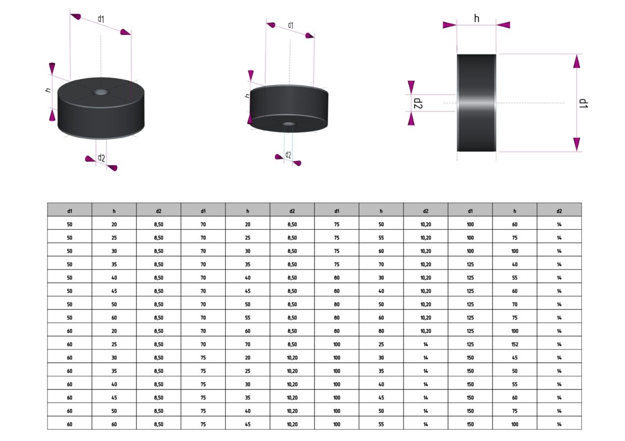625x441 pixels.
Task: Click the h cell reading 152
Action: coord(515,345)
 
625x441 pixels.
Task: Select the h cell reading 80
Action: coord(381,331)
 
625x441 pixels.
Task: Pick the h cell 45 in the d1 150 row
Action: coord(515,358)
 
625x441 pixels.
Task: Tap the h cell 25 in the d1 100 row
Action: coord(381,345)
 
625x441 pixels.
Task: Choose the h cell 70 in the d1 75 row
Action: coord(381,265)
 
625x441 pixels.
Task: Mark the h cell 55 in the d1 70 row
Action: coord(247,318)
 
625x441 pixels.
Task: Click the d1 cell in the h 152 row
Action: coord(470,345)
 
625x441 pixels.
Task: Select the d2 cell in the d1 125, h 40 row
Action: coord(559,265)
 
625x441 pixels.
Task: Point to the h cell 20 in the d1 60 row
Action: coord(114,331)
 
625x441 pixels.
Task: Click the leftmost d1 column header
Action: coord(70,211)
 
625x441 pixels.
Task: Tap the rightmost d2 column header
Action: coord(559,211)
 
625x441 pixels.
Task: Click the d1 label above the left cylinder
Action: coord(101,19)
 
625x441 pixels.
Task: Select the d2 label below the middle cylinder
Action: coord(288,155)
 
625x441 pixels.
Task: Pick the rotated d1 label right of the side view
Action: coord(584,103)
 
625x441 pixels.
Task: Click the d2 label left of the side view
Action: coord(418,103)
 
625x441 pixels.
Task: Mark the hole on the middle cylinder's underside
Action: coord(288,124)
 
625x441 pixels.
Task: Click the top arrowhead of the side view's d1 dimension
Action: coord(576,61)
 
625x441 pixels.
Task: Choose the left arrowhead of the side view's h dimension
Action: coord(449,25)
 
